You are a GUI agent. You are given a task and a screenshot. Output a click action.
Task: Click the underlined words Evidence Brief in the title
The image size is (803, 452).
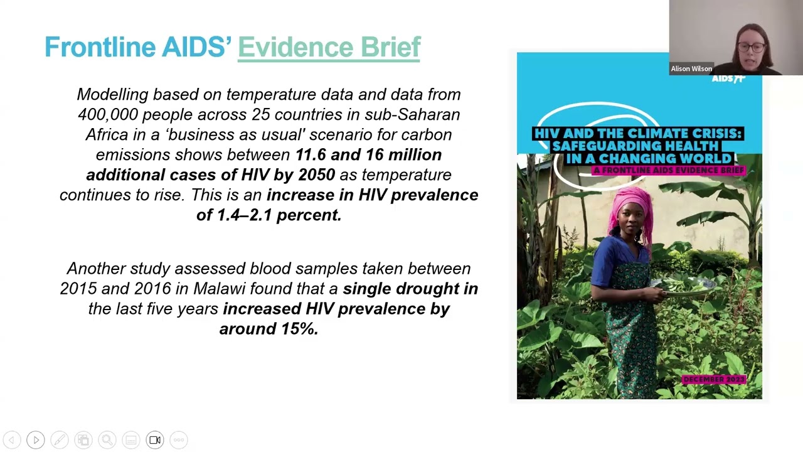[x=329, y=47]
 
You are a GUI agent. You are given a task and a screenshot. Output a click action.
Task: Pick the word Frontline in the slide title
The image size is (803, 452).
[x=100, y=47]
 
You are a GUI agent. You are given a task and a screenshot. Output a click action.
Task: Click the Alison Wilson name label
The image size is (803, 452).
[x=691, y=69]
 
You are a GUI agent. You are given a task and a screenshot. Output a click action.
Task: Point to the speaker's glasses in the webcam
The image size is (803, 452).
[x=750, y=48]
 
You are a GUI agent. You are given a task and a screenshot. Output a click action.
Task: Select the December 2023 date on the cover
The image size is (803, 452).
[x=713, y=380]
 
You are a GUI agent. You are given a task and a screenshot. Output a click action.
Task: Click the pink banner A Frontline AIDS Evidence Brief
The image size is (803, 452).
[x=669, y=170]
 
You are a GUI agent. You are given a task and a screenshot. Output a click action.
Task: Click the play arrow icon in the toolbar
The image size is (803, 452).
[x=36, y=440]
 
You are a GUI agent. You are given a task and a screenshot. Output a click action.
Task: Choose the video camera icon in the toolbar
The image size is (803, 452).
[x=155, y=440]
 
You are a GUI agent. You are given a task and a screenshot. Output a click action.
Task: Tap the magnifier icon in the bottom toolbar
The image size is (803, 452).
[x=107, y=440]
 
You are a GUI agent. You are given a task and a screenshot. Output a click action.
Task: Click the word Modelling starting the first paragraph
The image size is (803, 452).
[x=112, y=94]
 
